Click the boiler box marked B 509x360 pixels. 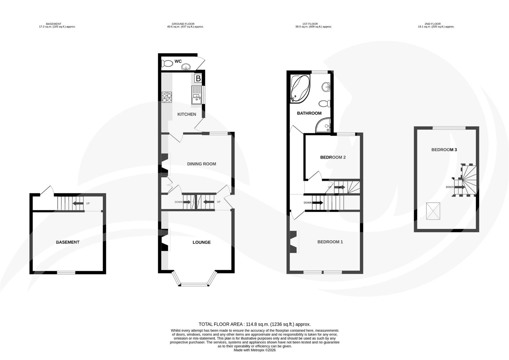(x=198, y=79)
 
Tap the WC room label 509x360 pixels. (x=178, y=62)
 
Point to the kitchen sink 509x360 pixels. (x=197, y=95)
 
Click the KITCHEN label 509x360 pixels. (x=187, y=114)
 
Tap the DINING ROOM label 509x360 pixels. (x=201, y=164)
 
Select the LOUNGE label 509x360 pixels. (x=201, y=242)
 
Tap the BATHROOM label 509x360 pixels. (x=309, y=113)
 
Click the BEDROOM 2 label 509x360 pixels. (x=332, y=157)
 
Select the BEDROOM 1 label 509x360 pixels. (x=330, y=242)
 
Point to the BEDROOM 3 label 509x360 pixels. (x=444, y=150)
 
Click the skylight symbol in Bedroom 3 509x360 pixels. (x=433, y=211)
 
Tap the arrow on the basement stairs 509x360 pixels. (x=78, y=203)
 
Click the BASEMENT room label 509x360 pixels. (x=68, y=242)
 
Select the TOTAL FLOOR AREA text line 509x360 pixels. (x=254, y=324)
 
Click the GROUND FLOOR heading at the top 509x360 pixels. (x=185, y=24)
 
